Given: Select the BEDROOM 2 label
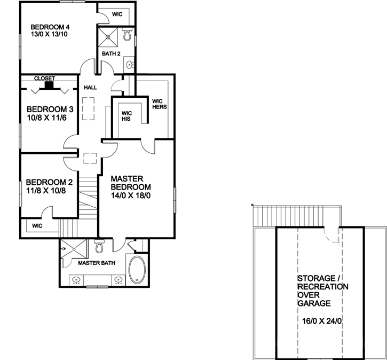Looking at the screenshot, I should coord(49,182).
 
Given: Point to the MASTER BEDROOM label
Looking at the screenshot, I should coord(130,183).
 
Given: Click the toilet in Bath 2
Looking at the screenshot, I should coord(127,36).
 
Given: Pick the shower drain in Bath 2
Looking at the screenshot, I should coord(110,37).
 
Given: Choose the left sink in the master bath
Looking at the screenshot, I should coord(76,279).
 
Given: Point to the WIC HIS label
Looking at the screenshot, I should coord(127,116).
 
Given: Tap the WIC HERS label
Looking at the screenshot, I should coord(159,104).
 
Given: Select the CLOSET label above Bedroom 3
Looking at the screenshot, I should coord(44,78).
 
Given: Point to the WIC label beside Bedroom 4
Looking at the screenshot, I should coord(117,14).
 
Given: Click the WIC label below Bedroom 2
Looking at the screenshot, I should coord(37,226).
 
